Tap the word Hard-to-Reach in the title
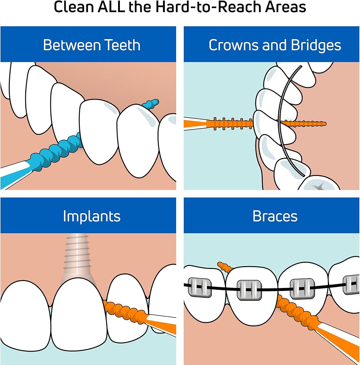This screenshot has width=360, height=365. coord(201,7)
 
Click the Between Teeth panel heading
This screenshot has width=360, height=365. coord(91,45)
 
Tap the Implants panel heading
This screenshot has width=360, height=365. coord(91,216)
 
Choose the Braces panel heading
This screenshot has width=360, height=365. coord(275,216)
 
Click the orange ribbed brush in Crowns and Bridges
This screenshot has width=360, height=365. coord(232,124)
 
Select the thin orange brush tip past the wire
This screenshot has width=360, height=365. coord(305,123)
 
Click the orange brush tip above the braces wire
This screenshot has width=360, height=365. coord(224,267)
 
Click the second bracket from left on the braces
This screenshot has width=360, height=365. coord(249,290)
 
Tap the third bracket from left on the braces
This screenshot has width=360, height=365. coord(302,289)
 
